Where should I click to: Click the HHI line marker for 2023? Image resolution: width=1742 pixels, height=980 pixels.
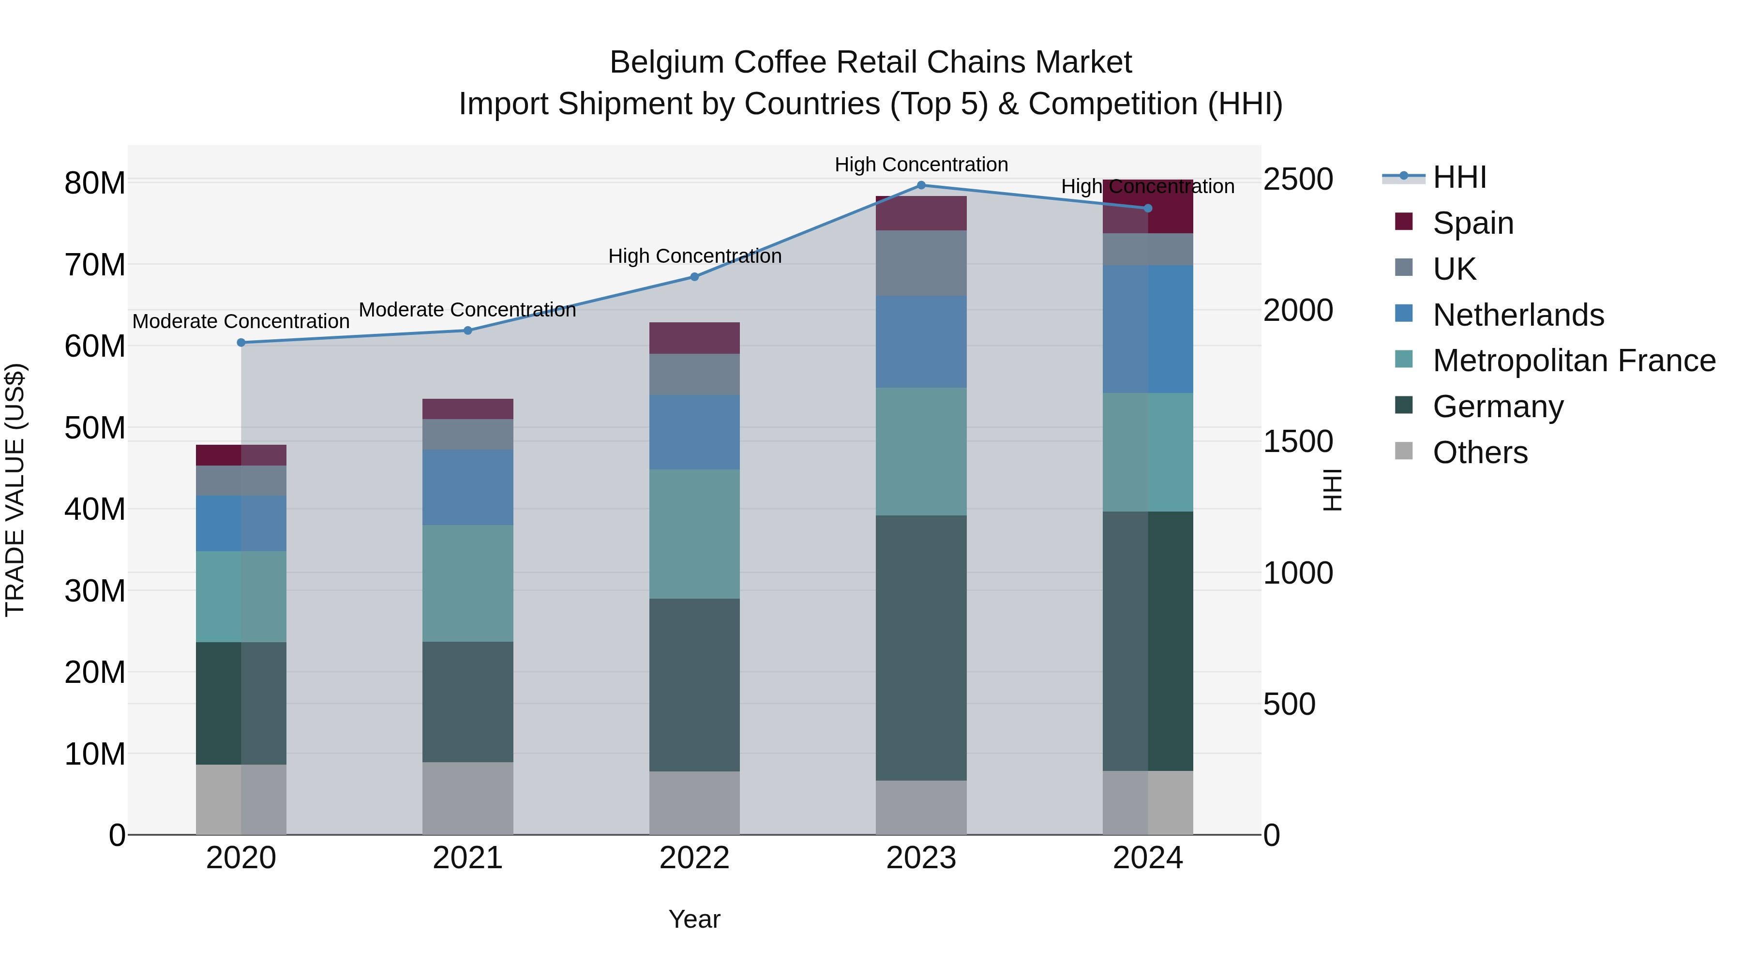921,185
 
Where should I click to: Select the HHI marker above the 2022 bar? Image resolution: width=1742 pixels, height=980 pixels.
694,277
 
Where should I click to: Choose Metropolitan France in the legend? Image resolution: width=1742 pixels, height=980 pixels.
1573,361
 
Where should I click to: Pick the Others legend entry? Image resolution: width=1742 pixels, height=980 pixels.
1480,452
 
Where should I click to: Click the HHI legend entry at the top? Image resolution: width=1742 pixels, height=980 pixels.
1459,177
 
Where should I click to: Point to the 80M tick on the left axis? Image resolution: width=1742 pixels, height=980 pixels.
95,183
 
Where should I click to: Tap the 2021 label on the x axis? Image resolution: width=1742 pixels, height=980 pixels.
468,858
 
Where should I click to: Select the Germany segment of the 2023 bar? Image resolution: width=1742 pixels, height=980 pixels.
921,648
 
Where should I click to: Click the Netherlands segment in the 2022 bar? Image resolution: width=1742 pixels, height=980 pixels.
694,432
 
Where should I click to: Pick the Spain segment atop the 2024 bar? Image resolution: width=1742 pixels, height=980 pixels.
1148,206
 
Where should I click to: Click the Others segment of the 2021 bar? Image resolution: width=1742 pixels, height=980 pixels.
468,798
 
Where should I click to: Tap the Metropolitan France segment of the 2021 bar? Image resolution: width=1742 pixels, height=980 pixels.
468,583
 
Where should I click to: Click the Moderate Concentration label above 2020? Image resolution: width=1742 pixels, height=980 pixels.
241,321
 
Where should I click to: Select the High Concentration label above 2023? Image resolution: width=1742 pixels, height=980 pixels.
921,165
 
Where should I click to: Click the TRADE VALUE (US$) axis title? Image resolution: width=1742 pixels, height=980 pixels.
15,490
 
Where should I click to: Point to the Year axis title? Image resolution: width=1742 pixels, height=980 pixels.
694,919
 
